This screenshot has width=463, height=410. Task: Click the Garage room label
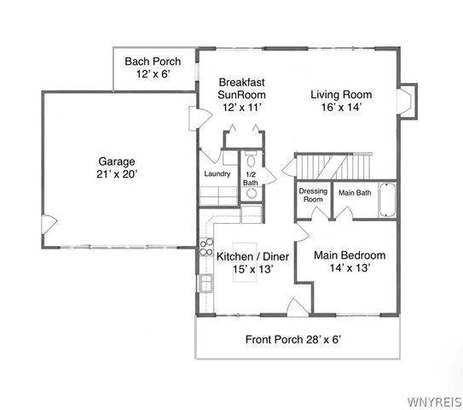(x=117, y=160)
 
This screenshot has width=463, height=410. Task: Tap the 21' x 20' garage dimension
(x=117, y=173)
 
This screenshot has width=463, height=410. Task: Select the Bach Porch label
(x=153, y=61)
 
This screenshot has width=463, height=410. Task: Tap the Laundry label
(x=217, y=174)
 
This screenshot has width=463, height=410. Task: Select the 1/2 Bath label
(x=251, y=178)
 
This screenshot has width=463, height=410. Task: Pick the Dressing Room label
(x=313, y=195)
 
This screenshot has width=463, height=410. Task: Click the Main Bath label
(x=354, y=191)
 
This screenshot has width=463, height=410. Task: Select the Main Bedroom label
(x=350, y=255)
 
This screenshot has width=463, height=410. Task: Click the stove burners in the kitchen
(x=205, y=247)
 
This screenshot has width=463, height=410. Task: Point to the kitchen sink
(x=205, y=283)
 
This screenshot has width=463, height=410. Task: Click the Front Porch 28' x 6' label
(x=294, y=339)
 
